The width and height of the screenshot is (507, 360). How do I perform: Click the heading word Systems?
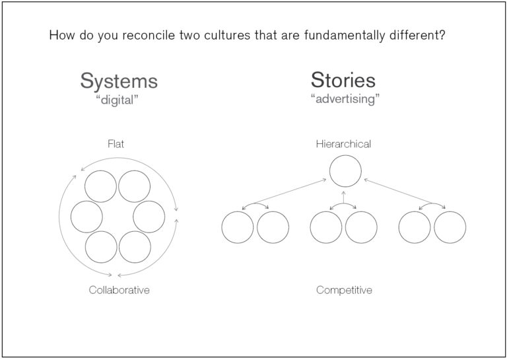click(x=119, y=81)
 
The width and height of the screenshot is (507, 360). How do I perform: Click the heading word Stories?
click(x=343, y=81)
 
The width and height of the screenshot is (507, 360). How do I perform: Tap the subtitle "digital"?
click(x=119, y=100)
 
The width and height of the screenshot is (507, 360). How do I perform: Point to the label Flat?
click(x=116, y=143)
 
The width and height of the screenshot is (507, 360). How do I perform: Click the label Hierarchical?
click(x=343, y=143)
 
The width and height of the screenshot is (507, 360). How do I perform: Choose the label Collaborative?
click(x=119, y=290)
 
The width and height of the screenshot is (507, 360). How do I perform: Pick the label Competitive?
click(x=344, y=290)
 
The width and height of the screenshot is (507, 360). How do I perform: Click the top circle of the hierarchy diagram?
click(x=345, y=170)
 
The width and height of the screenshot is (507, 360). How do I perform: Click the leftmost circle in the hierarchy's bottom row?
click(x=238, y=227)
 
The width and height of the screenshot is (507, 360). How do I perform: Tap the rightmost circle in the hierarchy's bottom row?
click(x=450, y=227)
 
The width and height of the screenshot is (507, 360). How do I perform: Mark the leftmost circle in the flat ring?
click(x=86, y=217)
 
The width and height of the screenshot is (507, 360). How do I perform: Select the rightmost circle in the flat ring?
click(x=149, y=217)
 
